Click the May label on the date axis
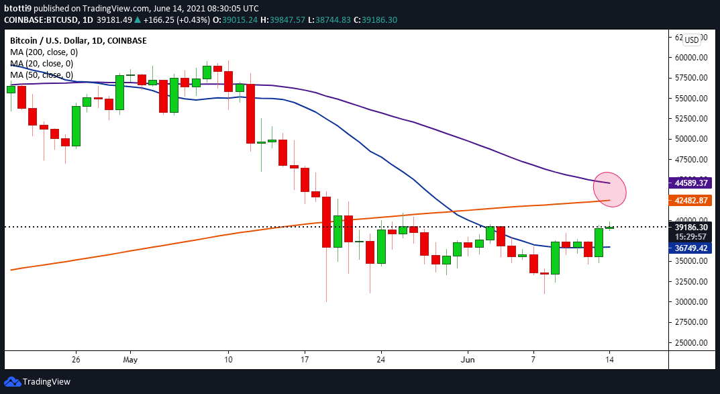point(130,358)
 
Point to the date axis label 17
point(305,358)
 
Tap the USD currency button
point(691,40)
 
